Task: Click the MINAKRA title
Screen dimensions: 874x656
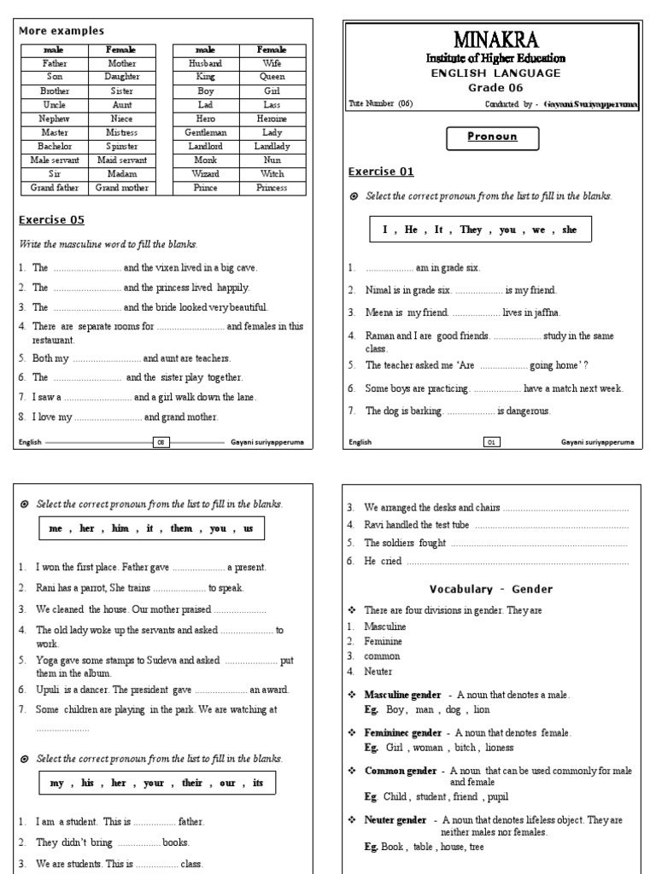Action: [495, 39]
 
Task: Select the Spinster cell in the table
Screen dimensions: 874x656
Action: [122, 147]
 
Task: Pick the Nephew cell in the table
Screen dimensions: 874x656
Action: [55, 119]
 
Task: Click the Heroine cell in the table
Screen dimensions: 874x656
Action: [272, 119]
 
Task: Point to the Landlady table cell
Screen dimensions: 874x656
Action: [272, 147]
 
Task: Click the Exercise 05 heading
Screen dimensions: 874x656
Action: [51, 220]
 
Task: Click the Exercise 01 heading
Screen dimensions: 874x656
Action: [381, 172]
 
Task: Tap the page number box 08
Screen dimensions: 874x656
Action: [161, 442]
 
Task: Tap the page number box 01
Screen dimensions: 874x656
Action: [491, 442]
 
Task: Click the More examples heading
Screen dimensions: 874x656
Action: [61, 31]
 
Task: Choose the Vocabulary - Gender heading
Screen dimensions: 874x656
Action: [491, 589]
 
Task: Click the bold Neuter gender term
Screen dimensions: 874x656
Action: [395, 820]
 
